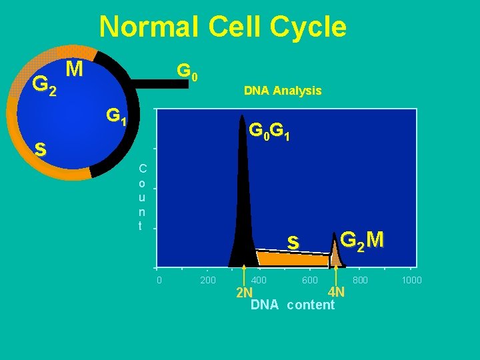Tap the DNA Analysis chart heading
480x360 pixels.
(x=283, y=91)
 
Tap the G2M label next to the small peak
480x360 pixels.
(x=362, y=239)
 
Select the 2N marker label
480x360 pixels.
(x=244, y=293)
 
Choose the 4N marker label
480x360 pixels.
(x=336, y=292)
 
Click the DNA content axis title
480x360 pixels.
(x=292, y=305)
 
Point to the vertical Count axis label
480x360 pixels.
(x=140, y=197)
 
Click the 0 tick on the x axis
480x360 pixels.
(x=159, y=280)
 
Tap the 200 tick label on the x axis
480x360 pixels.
(x=208, y=280)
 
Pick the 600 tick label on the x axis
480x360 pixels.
(x=310, y=280)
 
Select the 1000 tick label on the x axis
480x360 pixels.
(x=411, y=280)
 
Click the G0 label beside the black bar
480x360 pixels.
(x=186, y=71)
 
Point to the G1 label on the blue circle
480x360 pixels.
(x=117, y=117)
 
